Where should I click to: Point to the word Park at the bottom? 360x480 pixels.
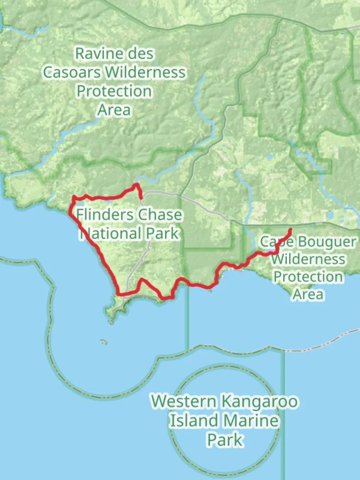click(225, 440)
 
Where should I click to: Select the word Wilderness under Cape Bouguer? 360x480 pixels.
click(308, 259)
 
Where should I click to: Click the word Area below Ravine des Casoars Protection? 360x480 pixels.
click(114, 110)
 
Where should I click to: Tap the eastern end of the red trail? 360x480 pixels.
click(290, 230)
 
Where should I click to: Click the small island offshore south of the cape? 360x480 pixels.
click(104, 342)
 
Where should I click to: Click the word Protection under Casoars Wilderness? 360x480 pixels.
click(114, 91)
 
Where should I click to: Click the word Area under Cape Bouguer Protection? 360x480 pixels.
click(308, 294)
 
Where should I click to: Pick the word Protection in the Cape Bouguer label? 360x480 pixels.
click(308, 276)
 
